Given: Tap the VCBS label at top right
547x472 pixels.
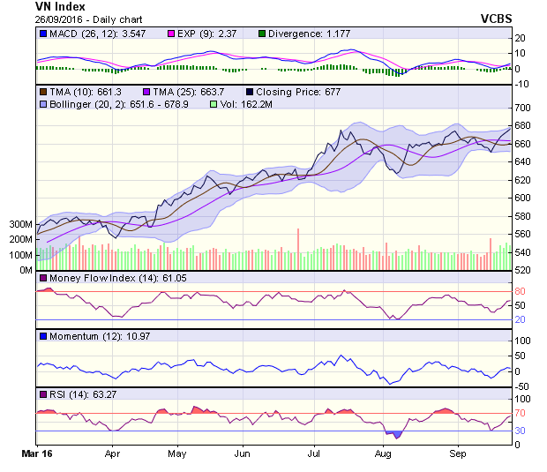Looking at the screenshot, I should click(497, 18).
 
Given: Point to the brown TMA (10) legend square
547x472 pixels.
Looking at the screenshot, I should click(43, 91).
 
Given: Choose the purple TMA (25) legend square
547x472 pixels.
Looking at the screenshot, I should click(146, 91).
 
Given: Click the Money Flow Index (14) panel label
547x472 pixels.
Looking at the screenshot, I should click(93, 279).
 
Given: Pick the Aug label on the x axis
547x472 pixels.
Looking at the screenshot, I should click(383, 454).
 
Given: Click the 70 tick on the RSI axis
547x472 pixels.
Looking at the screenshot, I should click(521, 413).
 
